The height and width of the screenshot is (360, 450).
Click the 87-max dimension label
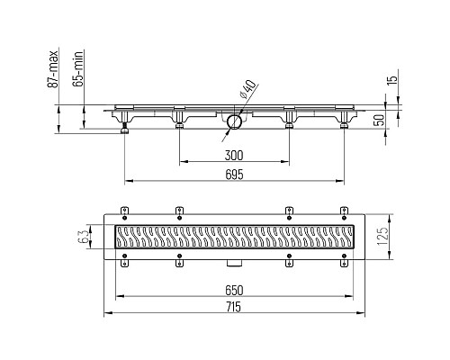click(x=53, y=68)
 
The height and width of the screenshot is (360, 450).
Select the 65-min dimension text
click(x=78, y=68)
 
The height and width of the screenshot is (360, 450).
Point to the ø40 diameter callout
click(x=248, y=89)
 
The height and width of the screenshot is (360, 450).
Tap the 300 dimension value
click(x=234, y=156)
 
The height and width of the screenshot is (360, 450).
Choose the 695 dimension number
click(x=234, y=175)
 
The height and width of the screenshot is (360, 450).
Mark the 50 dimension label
click(x=380, y=120)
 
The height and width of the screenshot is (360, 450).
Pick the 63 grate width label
click(x=85, y=237)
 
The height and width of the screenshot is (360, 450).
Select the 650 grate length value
click(x=234, y=290)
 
